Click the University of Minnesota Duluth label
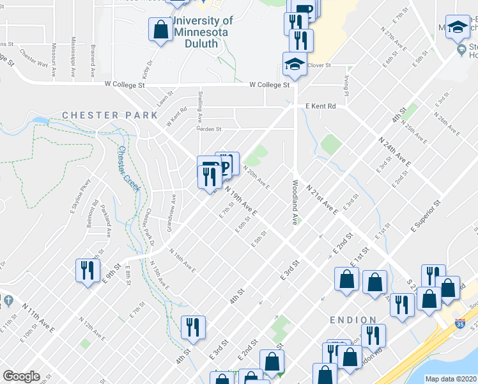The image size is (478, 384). click(x=201, y=32)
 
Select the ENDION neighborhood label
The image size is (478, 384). click(x=353, y=319)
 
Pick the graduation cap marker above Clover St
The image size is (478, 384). click(x=295, y=64)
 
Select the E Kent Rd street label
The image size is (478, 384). click(x=320, y=106)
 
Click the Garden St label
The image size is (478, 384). click(x=208, y=129)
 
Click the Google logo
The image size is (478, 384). click(x=21, y=376)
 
